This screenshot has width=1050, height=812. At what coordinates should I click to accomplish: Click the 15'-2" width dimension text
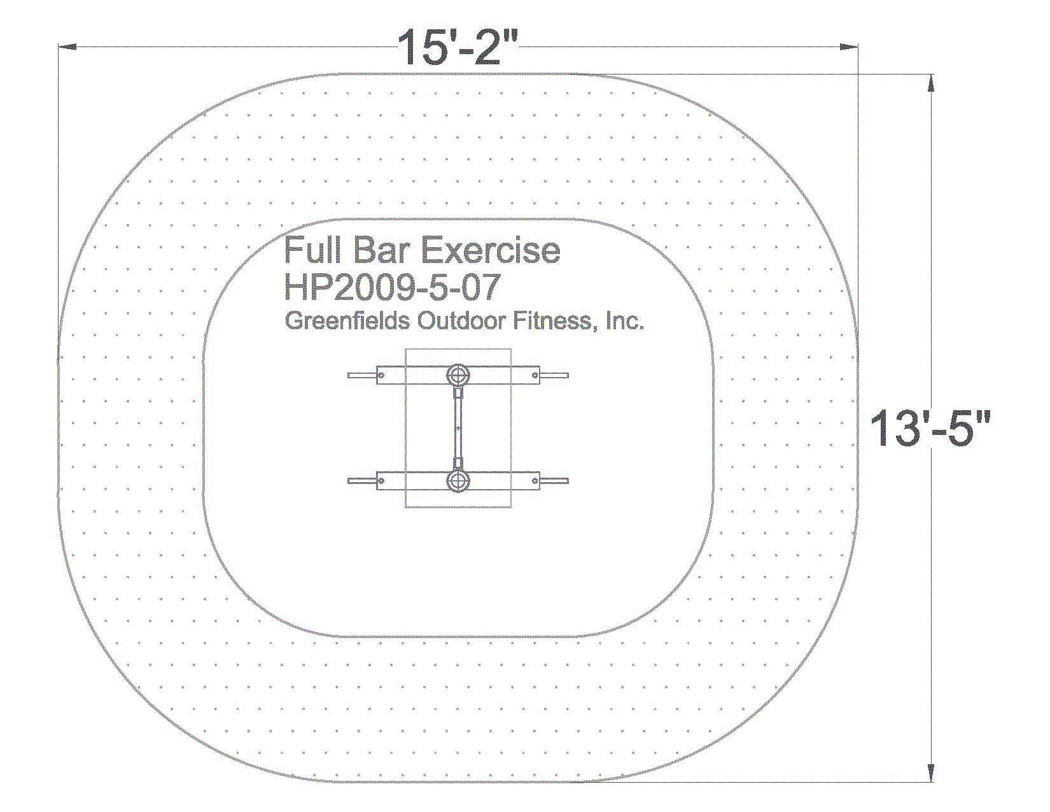click(x=458, y=47)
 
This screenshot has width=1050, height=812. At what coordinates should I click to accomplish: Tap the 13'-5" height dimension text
click(x=930, y=428)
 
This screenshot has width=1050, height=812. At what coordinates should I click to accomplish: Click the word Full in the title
click(x=312, y=250)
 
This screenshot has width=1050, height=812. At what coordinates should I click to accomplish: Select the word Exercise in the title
click(x=491, y=250)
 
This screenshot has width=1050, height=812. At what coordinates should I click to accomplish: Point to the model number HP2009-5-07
click(x=392, y=287)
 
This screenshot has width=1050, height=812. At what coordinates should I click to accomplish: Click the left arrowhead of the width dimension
click(x=67, y=47)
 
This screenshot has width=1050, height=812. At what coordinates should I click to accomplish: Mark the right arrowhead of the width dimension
click(x=848, y=47)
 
